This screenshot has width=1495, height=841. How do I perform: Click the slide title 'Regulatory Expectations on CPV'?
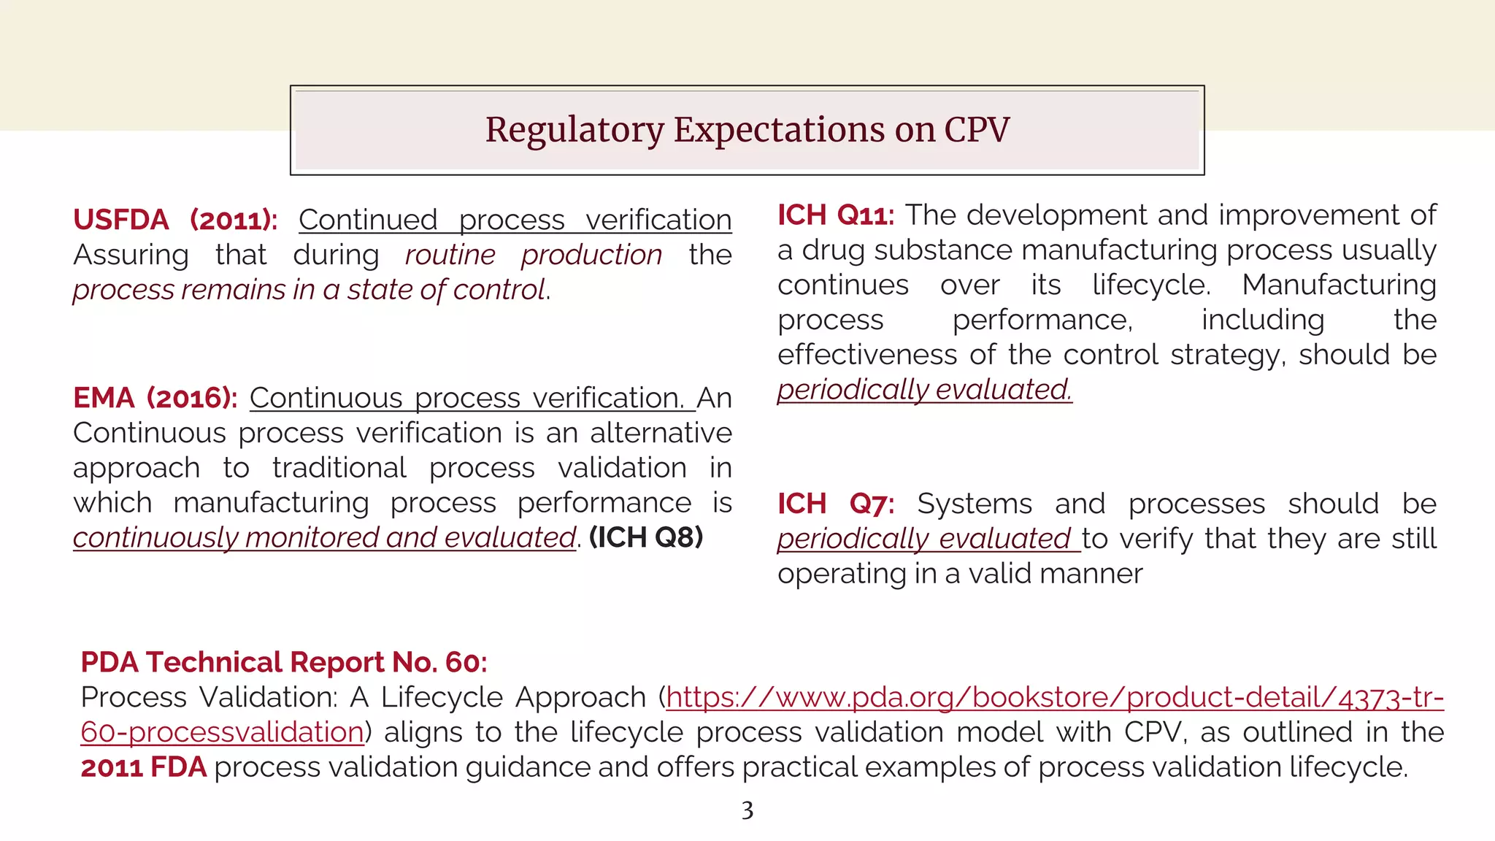point(747,130)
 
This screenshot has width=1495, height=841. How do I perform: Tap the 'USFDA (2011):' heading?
point(175,220)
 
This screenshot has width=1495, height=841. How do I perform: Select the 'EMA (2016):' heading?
point(155,398)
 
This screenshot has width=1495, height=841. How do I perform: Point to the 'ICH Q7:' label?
point(835,504)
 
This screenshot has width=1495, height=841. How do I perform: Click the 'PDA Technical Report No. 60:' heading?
point(283,662)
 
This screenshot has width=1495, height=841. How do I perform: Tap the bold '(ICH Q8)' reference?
point(646,537)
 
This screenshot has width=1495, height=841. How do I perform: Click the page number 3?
point(747,810)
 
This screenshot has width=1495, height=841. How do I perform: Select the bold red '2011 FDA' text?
point(144,767)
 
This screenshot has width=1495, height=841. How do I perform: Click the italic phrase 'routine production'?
point(533,255)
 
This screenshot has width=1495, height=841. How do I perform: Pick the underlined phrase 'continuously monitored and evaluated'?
point(324,538)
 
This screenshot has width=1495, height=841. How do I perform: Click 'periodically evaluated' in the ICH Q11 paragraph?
point(924,390)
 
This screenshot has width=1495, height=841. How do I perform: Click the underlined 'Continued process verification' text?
point(515,220)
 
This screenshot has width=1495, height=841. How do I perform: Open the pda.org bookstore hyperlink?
point(1054,698)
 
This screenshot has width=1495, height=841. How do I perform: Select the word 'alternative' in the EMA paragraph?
point(661,433)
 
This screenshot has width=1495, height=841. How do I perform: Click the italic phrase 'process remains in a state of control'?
point(310,290)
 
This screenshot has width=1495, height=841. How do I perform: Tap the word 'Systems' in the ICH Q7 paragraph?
point(975,504)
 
